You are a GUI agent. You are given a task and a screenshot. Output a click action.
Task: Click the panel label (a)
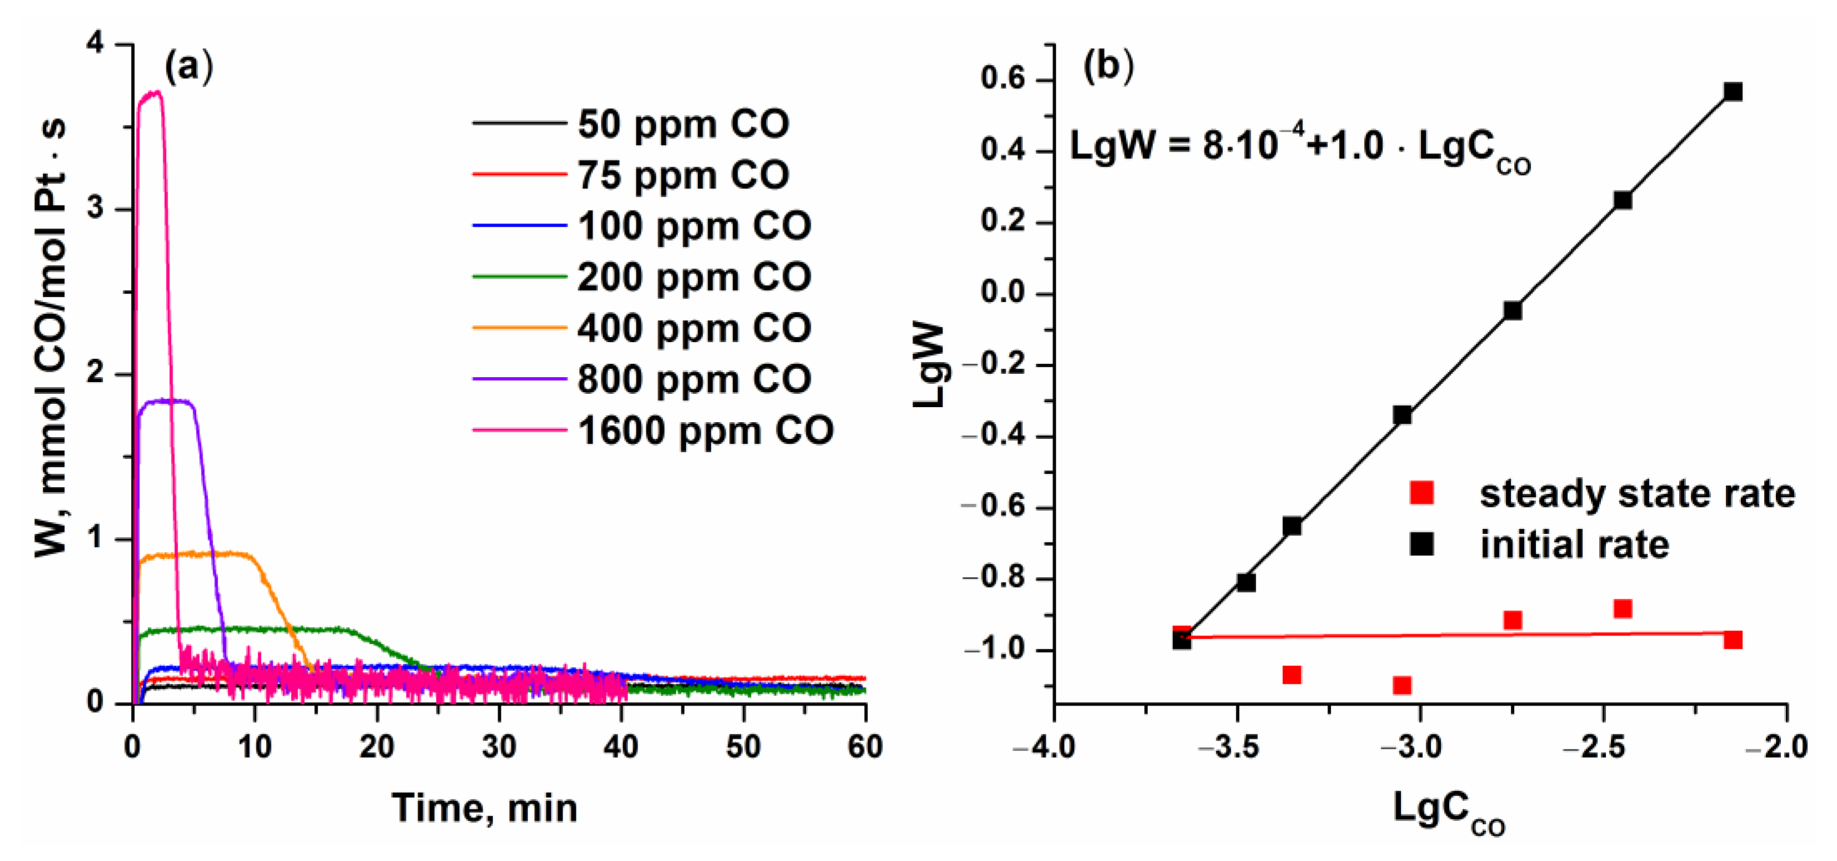click(x=188, y=68)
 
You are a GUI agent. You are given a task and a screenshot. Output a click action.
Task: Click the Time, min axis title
click(x=485, y=808)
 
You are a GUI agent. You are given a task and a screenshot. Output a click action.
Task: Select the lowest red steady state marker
click(x=1402, y=685)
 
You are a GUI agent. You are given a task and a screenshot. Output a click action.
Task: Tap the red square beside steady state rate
click(x=1421, y=493)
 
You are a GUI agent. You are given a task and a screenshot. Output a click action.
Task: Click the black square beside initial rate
click(x=1421, y=544)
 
